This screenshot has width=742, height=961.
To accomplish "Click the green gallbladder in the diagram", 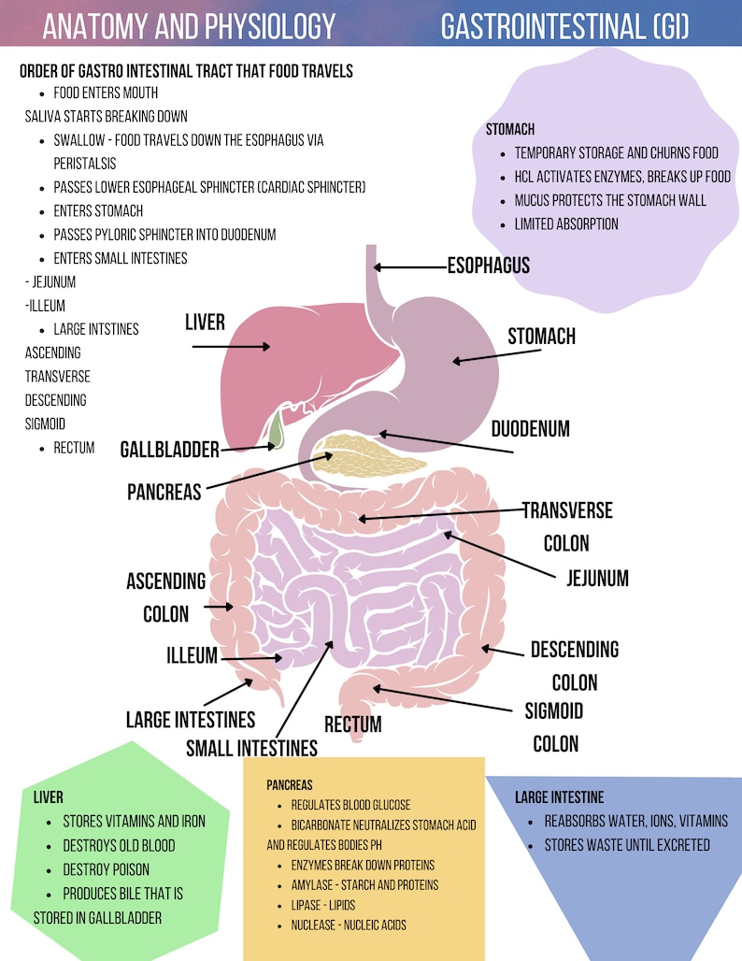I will [x=275, y=432].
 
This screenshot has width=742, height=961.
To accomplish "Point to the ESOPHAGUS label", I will [x=488, y=265].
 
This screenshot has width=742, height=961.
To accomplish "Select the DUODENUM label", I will [x=530, y=429].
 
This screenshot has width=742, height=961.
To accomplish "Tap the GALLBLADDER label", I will [x=169, y=450].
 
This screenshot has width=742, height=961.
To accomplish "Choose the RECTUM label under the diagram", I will [x=352, y=724].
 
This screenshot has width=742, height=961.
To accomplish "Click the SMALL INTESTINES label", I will [x=251, y=748].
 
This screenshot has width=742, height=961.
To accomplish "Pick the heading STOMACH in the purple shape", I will [x=510, y=129].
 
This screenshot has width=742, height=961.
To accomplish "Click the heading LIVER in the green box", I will [x=48, y=797].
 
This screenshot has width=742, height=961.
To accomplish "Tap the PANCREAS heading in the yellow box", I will [x=289, y=785].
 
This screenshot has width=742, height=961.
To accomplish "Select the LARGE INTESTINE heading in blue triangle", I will [x=559, y=797].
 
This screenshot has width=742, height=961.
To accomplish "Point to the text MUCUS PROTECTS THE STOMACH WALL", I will [x=610, y=200].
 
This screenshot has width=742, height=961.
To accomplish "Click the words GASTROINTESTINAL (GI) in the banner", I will [x=565, y=27].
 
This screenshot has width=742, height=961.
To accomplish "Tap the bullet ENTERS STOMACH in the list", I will [x=98, y=211].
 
